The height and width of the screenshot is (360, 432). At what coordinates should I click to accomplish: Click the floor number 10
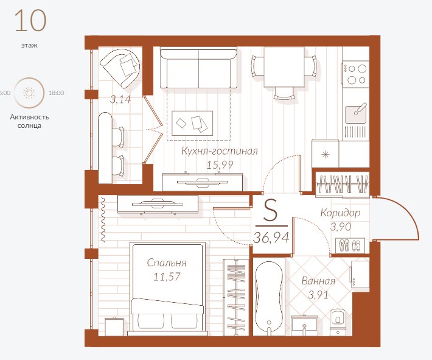(x=30, y=21)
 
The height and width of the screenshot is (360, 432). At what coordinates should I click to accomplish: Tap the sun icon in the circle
(x=29, y=93)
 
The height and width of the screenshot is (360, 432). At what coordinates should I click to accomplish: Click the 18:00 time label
(x=56, y=93)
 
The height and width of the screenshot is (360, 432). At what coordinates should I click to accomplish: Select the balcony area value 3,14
(x=120, y=99)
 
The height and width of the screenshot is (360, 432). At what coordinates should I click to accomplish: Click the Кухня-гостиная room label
(x=220, y=151)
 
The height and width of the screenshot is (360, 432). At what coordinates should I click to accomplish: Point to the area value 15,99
(x=220, y=165)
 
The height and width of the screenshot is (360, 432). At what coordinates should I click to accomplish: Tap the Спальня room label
(x=167, y=263)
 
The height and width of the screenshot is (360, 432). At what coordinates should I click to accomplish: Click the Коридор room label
(x=340, y=213)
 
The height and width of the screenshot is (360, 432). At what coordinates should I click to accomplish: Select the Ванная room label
(x=318, y=281)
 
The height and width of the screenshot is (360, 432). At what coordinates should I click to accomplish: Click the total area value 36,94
(x=271, y=238)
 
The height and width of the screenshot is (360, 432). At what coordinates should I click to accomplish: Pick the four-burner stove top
(x=356, y=74)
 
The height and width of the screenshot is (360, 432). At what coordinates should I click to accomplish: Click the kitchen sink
(x=356, y=114)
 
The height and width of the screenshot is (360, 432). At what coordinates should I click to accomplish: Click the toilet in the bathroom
(x=338, y=322)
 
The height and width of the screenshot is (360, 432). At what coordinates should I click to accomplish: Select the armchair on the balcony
(x=120, y=68)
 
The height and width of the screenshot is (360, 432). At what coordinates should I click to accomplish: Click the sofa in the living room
(x=198, y=68)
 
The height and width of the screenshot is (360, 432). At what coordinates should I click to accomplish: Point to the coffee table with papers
(x=192, y=123)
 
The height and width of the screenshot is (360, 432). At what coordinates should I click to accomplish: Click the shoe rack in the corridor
(x=350, y=245)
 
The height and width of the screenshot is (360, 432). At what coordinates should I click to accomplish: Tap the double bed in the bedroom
(x=168, y=288)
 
